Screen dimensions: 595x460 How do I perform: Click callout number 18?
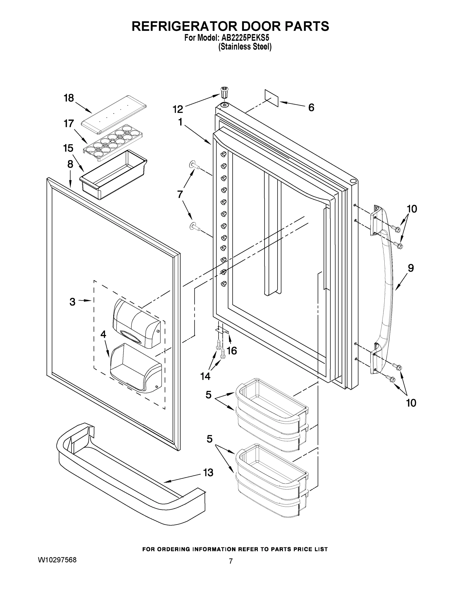pos(69,98)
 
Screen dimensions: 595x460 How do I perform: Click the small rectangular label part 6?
pos(272,98)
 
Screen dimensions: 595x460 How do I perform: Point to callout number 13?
pos(208,473)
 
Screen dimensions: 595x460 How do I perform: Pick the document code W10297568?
pos(57,560)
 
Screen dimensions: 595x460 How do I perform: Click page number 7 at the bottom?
pos(231,561)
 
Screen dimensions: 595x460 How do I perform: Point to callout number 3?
pos(72,302)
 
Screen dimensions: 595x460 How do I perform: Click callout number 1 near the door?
pos(180,122)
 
